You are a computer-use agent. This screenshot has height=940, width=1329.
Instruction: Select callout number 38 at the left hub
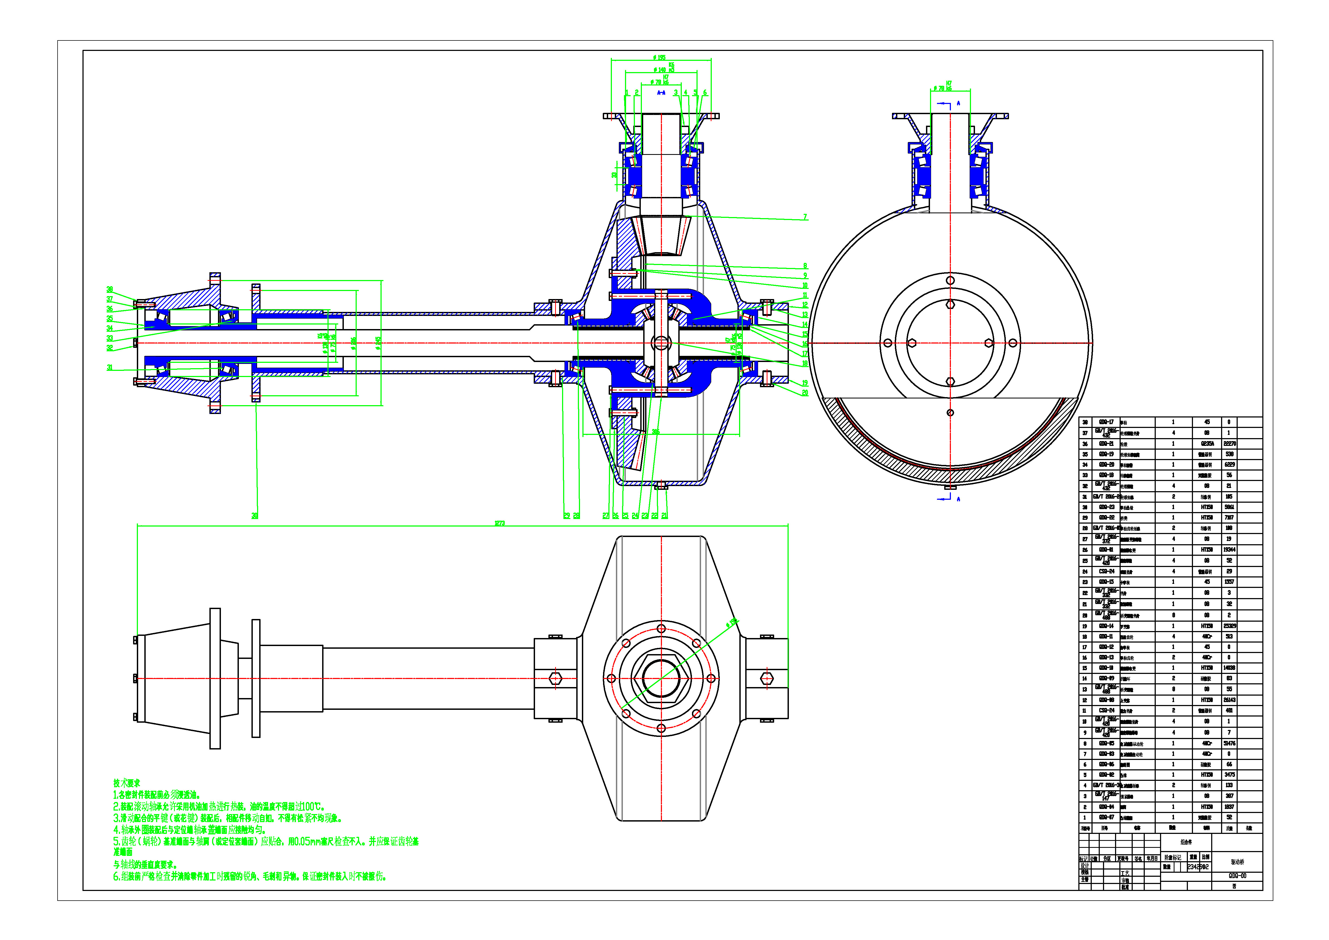(x=110, y=289)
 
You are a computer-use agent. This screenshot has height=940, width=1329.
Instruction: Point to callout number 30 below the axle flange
(x=255, y=516)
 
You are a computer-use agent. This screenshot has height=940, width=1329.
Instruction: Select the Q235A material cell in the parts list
(x=1207, y=444)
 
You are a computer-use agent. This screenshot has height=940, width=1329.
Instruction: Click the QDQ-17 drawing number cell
(x=1106, y=422)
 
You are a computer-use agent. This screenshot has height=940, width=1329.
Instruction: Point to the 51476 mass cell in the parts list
(x=1229, y=743)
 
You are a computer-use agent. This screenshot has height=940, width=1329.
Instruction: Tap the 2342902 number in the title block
(x=1198, y=867)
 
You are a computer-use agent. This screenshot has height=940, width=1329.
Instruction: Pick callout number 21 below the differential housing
(x=665, y=516)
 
